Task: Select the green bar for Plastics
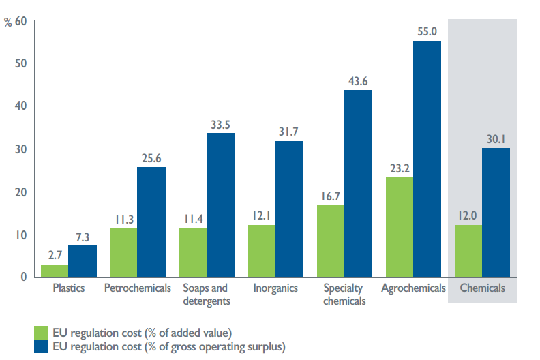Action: (x=55, y=271)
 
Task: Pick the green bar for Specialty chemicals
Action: (x=331, y=241)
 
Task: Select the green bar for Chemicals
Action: (x=468, y=251)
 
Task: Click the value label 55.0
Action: (x=427, y=31)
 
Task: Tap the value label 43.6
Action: (x=358, y=80)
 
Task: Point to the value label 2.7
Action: (x=55, y=255)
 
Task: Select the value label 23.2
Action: (x=399, y=167)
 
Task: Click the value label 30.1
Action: (x=496, y=138)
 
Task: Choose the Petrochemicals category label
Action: (x=138, y=288)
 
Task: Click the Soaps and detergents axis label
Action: (x=207, y=295)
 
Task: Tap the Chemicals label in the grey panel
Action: (x=483, y=288)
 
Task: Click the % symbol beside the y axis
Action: (x=7, y=22)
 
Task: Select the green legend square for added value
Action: (x=41, y=333)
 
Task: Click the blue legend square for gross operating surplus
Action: (x=41, y=347)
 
